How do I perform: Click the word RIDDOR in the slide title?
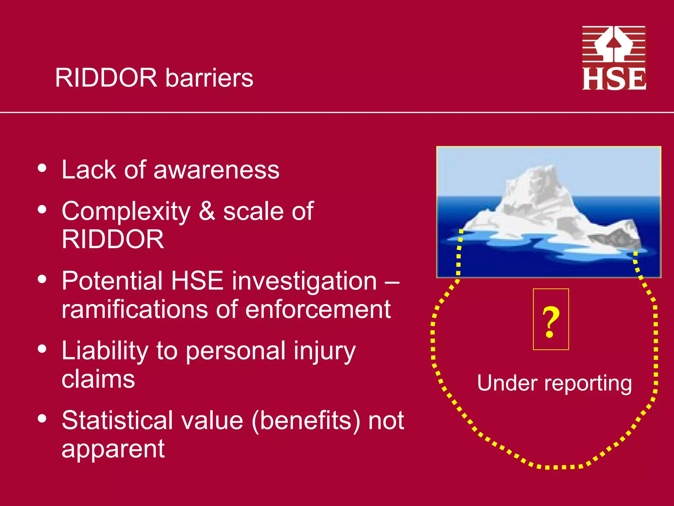tap(106, 78)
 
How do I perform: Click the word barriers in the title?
tap(209, 78)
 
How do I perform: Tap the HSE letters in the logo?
tap(614, 79)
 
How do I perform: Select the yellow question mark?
tap(551, 322)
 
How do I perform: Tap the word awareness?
tap(216, 170)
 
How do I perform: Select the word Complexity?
tap(126, 211)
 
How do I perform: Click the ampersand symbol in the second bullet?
tap(207, 211)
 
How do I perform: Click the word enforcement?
tap(318, 310)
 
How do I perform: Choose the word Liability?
tap(105, 351)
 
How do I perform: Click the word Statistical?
tap(117, 420)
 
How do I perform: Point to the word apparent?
tap(113, 449)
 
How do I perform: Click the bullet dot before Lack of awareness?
tap(42, 168)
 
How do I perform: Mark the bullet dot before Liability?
tap(42, 349)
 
